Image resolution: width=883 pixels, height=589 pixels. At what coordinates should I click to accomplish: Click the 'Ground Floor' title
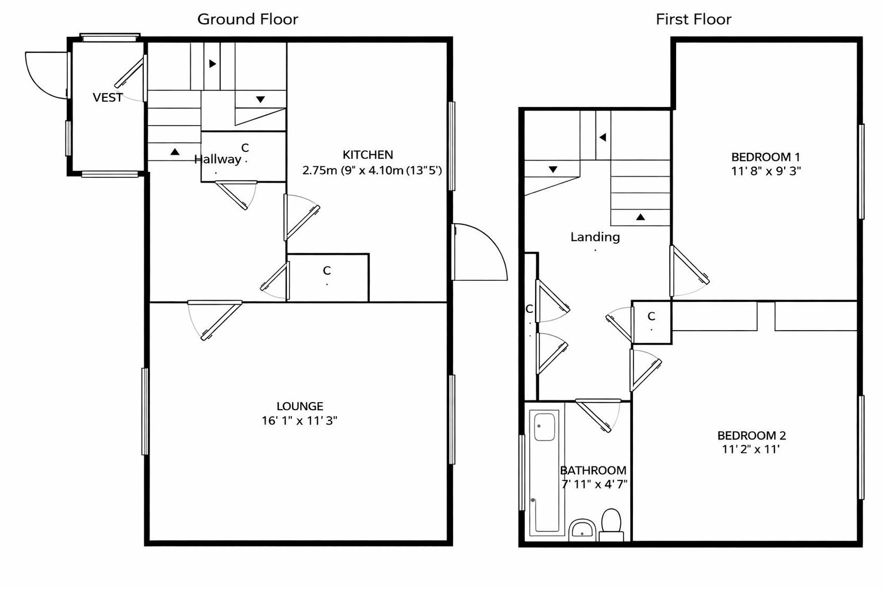[x=248, y=19]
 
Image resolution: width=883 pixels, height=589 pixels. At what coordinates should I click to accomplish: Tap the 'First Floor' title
[x=693, y=19]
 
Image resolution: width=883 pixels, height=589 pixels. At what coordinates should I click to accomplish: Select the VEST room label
[x=108, y=97]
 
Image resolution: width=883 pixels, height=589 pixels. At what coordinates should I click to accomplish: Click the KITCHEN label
[x=368, y=155]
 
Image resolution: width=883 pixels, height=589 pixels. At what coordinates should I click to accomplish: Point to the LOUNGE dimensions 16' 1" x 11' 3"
[x=299, y=420]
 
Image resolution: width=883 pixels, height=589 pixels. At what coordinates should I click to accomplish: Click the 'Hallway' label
[x=217, y=159]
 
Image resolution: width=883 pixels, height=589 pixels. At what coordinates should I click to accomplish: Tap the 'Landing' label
[x=595, y=236]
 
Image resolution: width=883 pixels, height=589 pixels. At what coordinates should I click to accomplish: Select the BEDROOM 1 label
[x=765, y=156]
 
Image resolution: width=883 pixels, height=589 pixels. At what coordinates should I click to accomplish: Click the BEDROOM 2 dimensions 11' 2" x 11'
[x=751, y=449]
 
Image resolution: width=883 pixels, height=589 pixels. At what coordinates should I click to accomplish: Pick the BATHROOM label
[x=593, y=470]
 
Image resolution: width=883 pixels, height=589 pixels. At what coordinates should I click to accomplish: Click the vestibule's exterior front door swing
[x=46, y=75]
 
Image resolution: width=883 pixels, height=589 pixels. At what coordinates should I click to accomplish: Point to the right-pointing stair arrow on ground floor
[x=212, y=64]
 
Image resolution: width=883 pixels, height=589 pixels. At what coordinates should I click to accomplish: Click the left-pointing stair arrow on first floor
[x=603, y=137]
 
